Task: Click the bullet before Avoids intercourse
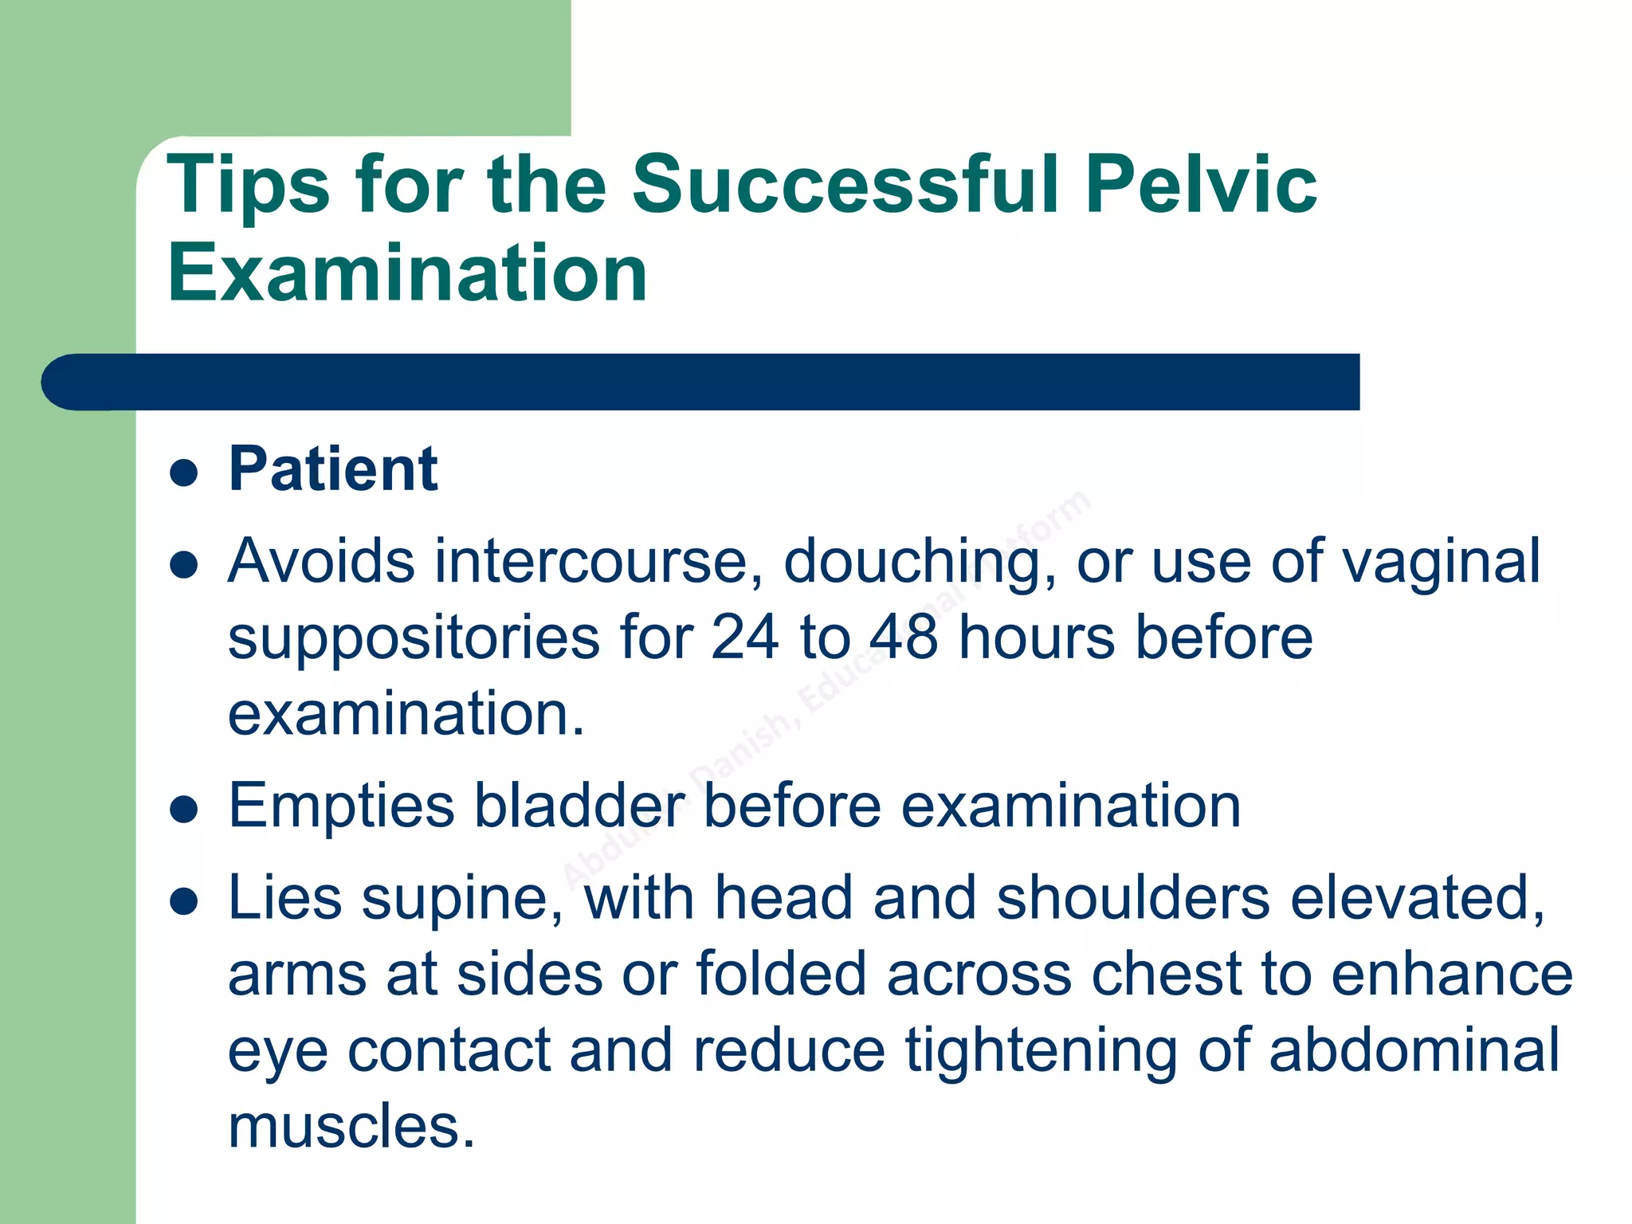(184, 565)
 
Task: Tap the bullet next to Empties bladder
(184, 810)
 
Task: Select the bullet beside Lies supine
(184, 901)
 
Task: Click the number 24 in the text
(744, 637)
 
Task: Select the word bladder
(579, 806)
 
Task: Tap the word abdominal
(1414, 1050)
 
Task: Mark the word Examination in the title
(407, 273)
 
